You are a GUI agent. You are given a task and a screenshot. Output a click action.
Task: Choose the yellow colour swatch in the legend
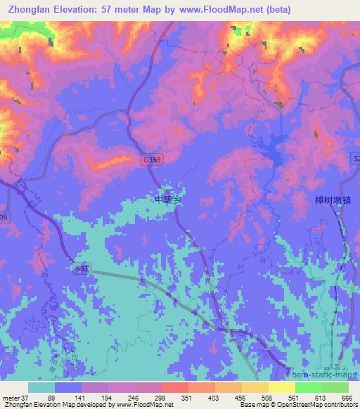281,387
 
